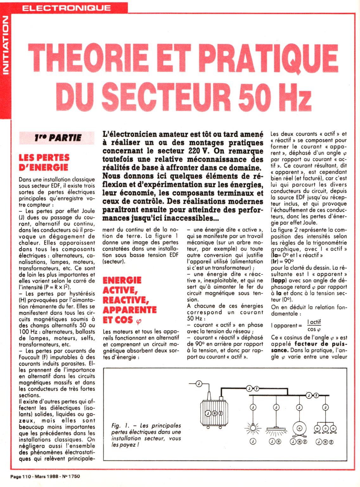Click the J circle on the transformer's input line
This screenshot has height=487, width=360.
coord(199,384)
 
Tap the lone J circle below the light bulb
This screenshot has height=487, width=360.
coord(253,441)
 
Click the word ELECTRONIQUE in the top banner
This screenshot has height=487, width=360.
coord(67,8)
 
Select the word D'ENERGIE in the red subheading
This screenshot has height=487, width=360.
coord(43,167)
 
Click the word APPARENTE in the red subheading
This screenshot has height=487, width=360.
coord(130,310)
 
